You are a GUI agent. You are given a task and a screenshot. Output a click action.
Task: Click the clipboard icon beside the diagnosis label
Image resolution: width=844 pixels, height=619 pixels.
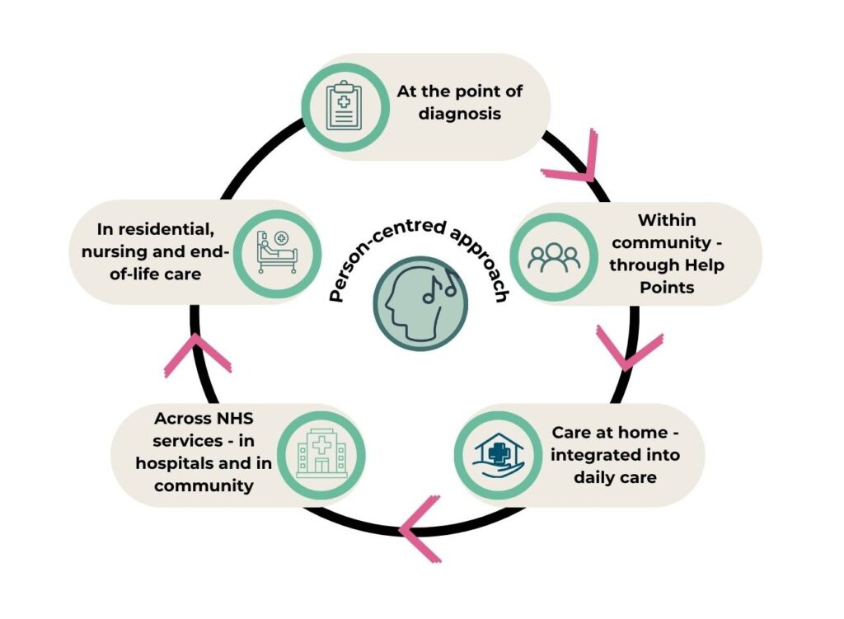point(345,106)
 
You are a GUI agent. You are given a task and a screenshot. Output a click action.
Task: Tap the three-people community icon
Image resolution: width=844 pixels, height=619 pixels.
point(554,257)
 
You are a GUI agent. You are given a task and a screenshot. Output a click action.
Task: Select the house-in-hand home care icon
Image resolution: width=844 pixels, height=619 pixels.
point(498,456)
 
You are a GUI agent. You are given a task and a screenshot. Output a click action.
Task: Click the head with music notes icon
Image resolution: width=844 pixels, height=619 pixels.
point(420,304)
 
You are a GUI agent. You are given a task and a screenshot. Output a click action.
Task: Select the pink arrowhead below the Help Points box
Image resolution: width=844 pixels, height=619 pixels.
point(628,348)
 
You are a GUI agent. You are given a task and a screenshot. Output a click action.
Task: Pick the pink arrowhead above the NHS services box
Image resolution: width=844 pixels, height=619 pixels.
point(197,354)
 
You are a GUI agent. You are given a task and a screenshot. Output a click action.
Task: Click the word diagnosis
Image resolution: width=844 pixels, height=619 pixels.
point(460,114)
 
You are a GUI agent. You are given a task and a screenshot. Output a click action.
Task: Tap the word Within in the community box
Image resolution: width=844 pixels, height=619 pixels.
point(667,219)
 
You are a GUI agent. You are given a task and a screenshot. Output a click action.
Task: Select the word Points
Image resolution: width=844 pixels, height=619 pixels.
point(667,288)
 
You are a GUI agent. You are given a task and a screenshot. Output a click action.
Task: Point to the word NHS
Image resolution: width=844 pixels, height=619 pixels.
point(235,418)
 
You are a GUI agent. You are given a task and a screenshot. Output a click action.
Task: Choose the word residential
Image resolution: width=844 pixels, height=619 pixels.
point(166,229)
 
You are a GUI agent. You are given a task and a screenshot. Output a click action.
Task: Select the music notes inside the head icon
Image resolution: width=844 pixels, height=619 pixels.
point(440,284)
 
